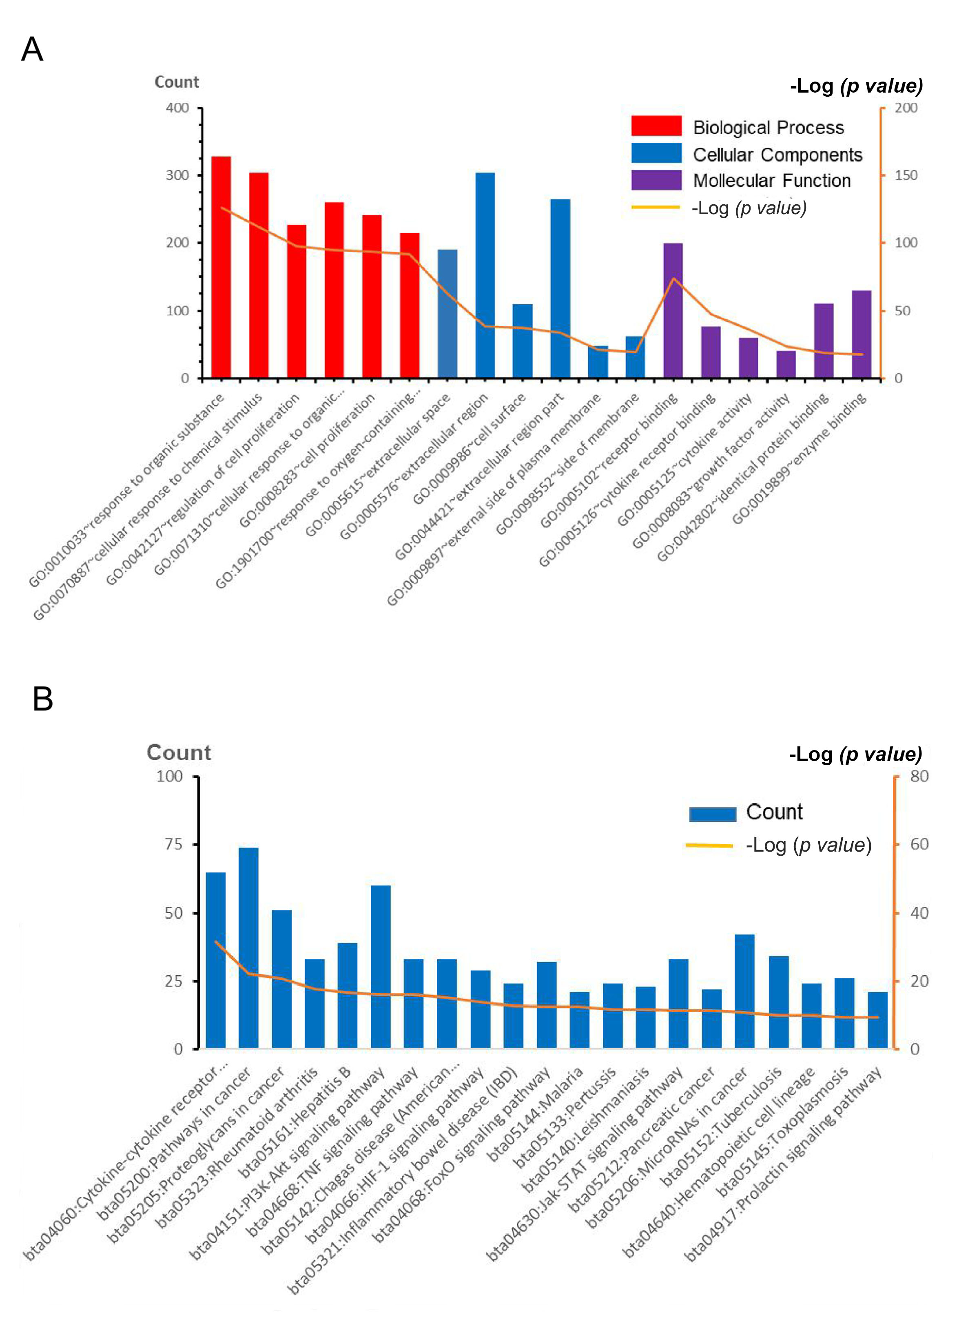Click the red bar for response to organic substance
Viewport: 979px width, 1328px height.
point(221,267)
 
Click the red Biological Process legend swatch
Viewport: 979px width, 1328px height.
point(656,126)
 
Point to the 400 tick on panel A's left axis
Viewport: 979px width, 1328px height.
point(177,108)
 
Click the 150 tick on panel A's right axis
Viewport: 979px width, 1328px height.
point(906,175)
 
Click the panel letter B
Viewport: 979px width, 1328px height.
point(43,699)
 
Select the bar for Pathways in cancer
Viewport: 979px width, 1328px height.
point(248,948)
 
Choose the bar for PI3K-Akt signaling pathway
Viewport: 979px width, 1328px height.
point(381,967)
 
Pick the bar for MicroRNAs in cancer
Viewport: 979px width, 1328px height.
point(744,992)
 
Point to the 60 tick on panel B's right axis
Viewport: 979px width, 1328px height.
point(919,844)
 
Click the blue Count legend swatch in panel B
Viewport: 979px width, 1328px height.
point(712,814)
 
